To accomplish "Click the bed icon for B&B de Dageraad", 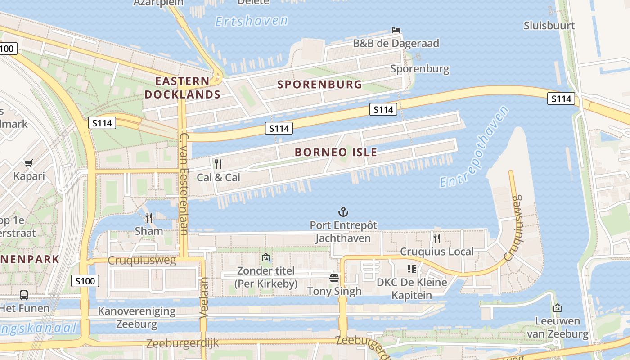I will (x=396, y=30).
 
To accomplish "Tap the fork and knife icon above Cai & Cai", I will (x=218, y=164).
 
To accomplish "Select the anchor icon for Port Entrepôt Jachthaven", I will (x=343, y=211).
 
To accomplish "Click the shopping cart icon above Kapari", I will (x=29, y=163).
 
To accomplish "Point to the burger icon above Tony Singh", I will (x=334, y=278).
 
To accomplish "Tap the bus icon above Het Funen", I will (x=24, y=295).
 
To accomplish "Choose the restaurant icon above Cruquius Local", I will (x=436, y=238).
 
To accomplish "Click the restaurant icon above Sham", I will (x=149, y=218).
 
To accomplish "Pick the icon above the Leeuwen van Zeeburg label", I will (x=558, y=308).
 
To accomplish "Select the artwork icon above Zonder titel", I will (x=266, y=258).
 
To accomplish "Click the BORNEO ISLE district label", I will (x=336, y=152).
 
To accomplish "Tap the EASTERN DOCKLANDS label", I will (x=182, y=88).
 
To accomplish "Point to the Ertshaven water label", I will (x=251, y=21).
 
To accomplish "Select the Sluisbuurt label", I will (x=549, y=26).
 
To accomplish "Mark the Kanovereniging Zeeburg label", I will (x=136, y=317).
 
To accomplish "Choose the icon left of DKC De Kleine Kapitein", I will (x=411, y=269).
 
